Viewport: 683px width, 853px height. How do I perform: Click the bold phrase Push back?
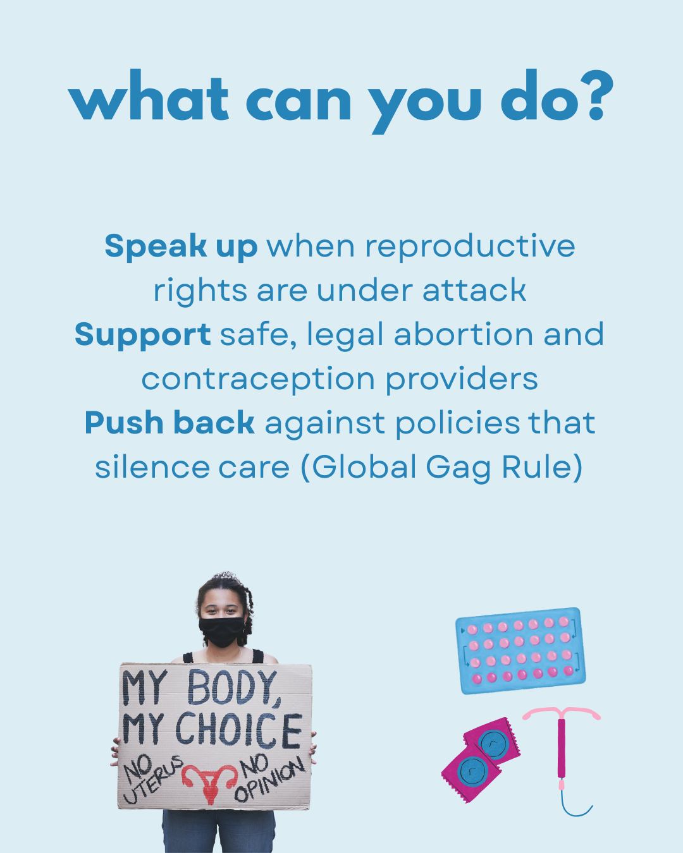pyautogui.click(x=169, y=423)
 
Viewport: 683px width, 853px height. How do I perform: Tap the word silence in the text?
pyautogui.click(x=152, y=468)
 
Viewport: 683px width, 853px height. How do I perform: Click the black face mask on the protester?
pyautogui.click(x=222, y=632)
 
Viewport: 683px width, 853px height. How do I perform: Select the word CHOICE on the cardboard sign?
pyautogui.click(x=238, y=730)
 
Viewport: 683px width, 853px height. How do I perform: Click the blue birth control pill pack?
pyautogui.click(x=520, y=650)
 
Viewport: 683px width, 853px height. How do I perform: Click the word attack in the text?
pyautogui.click(x=474, y=291)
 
